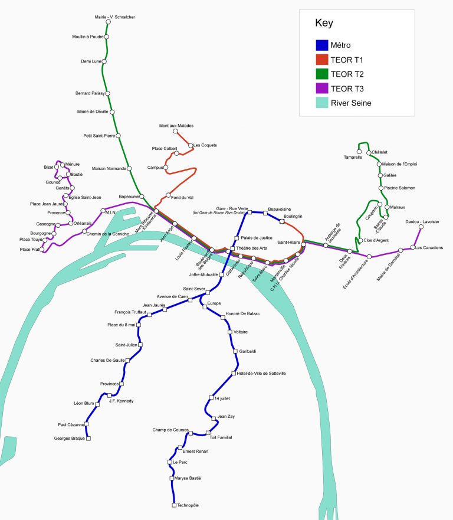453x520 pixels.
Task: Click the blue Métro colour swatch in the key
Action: [321, 45]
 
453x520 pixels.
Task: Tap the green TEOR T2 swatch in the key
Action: [321, 74]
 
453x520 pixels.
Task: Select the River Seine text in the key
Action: [351, 103]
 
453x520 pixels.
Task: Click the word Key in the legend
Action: [324, 24]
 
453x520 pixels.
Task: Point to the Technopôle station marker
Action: [173, 505]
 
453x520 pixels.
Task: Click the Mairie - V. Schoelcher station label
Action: [115, 17]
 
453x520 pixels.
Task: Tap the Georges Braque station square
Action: [88, 439]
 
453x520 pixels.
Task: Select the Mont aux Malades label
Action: [176, 126]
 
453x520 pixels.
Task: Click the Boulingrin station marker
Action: [282, 222]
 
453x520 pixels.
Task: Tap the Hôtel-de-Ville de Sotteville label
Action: [261, 374]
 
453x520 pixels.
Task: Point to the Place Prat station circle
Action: [41, 250]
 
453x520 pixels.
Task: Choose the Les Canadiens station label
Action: [429, 247]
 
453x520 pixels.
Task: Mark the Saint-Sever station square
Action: [208, 292]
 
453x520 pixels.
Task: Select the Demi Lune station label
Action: [91, 61]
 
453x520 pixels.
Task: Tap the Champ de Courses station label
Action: [169, 430]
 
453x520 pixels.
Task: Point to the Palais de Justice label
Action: [254, 238]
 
